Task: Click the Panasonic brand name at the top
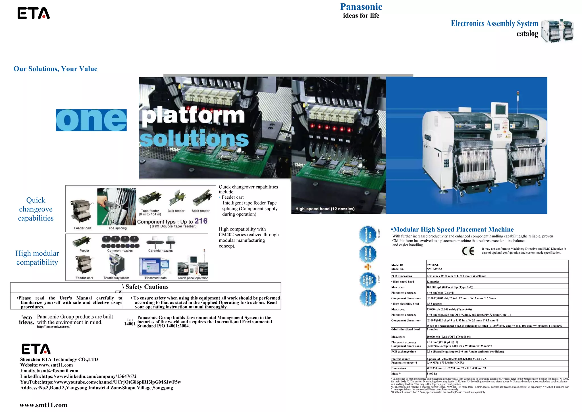click(361, 7)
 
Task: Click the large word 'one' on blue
click(91, 120)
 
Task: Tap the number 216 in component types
click(201, 221)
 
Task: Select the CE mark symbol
click(468, 251)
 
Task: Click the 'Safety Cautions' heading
click(147, 287)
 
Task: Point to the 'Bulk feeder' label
click(176, 211)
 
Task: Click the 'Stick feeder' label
click(200, 211)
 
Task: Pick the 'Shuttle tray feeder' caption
click(116, 278)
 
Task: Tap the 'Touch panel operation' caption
click(193, 278)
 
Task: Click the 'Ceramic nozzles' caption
click(160, 251)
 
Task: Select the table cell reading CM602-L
click(433, 265)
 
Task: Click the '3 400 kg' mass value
click(432, 374)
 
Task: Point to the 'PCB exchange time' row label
click(403, 352)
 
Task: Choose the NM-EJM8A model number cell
click(434, 269)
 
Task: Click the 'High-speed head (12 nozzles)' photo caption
click(325, 209)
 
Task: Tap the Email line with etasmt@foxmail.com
click(49, 371)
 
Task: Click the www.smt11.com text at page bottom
click(43, 405)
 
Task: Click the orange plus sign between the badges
click(368, 267)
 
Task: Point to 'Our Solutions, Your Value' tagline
click(55, 69)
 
